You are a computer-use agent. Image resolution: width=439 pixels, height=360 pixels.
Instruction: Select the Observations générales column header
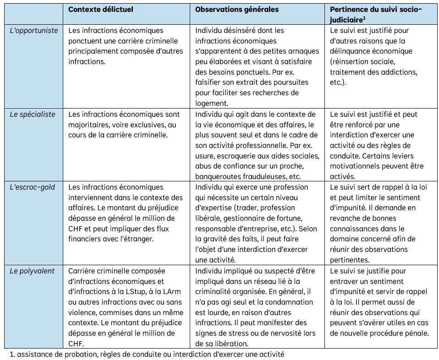236,9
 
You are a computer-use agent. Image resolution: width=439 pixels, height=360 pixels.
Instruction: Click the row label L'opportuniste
34,30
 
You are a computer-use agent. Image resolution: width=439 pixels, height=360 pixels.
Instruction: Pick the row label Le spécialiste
31,114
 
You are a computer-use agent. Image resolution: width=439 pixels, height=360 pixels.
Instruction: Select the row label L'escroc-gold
32,187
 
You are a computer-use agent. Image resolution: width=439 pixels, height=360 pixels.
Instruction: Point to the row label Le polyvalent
32,271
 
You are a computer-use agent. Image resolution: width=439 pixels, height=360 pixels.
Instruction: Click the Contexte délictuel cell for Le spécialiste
127,125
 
